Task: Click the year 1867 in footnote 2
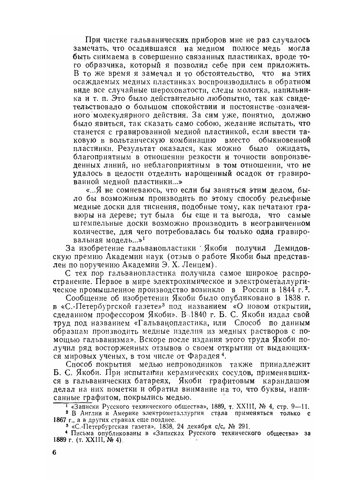(60, 420)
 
